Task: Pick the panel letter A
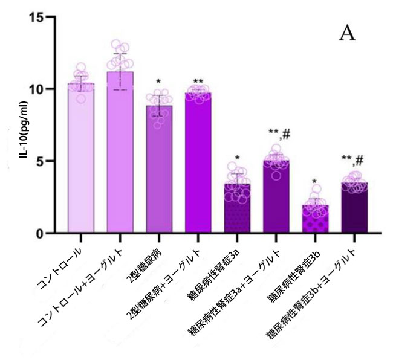pos(346,33)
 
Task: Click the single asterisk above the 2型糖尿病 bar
pos(158,82)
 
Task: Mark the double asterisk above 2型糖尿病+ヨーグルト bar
pos(198,81)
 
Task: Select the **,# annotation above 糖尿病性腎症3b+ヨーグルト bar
pos(352,160)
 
